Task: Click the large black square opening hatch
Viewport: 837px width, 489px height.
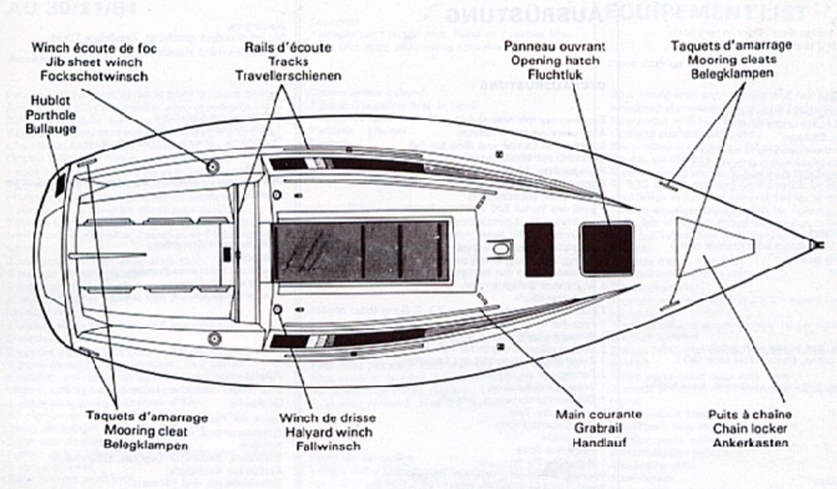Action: pos(607,248)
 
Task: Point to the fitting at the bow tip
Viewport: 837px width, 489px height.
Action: pos(814,246)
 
